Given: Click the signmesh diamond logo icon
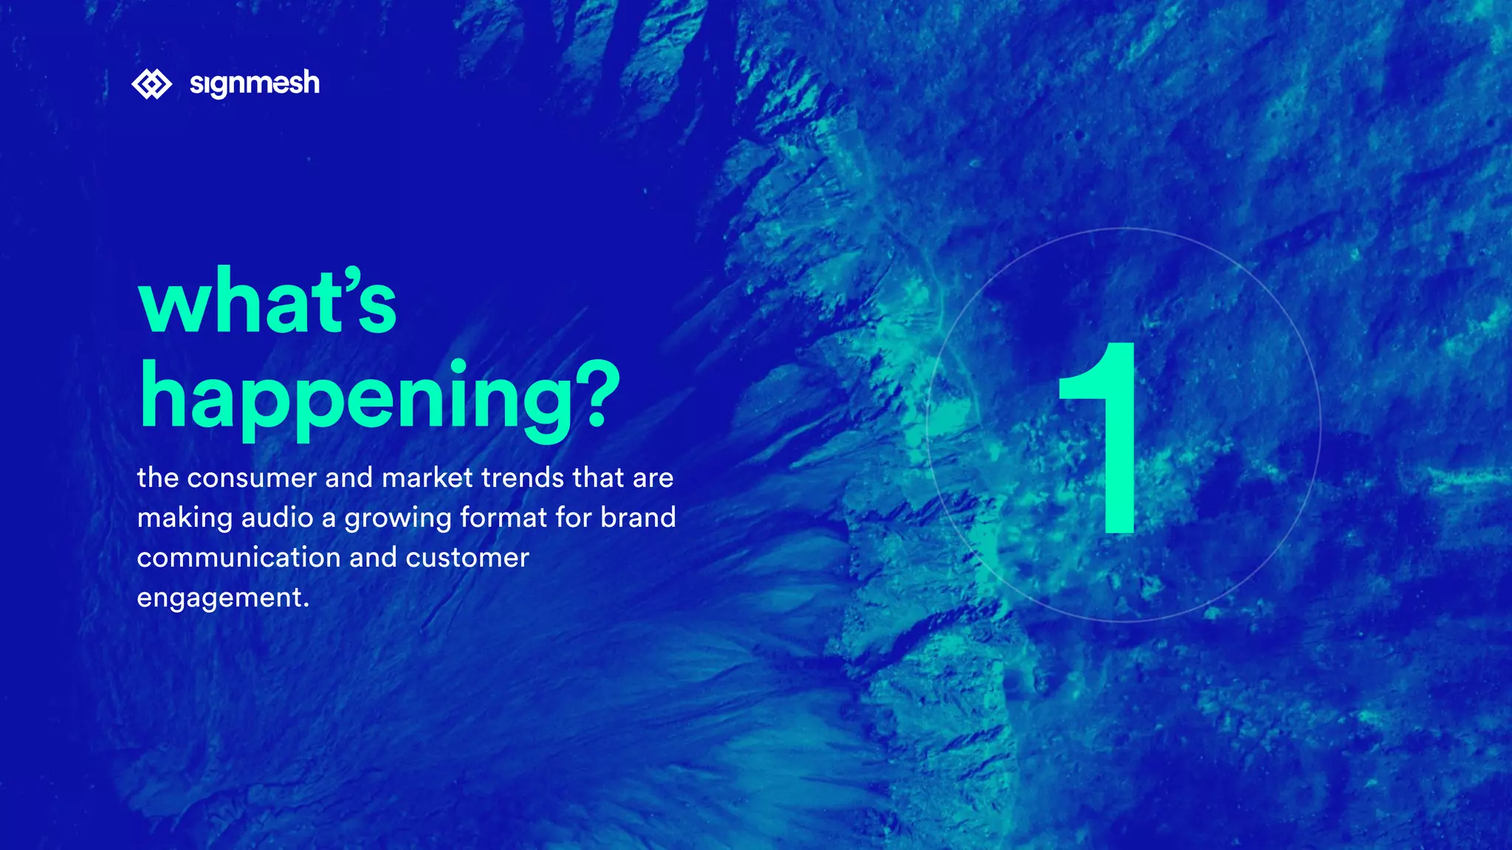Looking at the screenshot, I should [x=151, y=84].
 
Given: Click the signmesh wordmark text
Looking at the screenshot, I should [x=255, y=83].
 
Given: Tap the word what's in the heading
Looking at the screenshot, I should [x=267, y=302].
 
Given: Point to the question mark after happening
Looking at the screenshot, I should [x=597, y=394].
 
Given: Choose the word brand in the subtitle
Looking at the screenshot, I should [x=638, y=518].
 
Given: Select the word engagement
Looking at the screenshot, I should [x=219, y=598].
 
